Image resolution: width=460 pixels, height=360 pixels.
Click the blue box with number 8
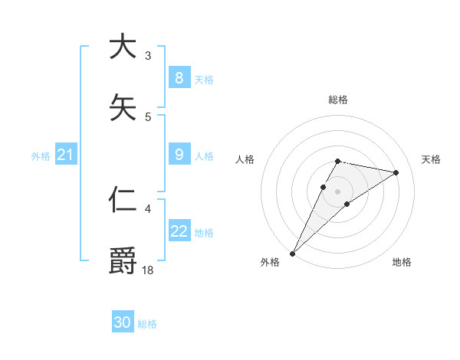coord(179,78)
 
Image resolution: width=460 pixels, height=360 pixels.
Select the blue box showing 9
coord(179,155)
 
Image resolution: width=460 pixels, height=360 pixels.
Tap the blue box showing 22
coord(179,231)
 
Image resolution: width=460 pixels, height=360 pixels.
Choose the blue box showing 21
coord(65,155)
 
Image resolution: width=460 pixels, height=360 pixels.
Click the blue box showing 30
coord(123,322)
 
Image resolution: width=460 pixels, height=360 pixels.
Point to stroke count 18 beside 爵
coord(148,269)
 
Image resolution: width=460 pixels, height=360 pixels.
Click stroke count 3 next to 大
coord(148,55)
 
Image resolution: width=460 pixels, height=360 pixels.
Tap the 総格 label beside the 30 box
coord(147,324)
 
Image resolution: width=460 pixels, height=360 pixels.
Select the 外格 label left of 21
coord(41,156)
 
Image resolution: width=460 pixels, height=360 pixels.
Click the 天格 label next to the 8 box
coord(203,79)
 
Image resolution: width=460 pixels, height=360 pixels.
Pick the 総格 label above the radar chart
coord(337,100)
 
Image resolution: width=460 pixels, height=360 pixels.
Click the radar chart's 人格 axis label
coord(245,159)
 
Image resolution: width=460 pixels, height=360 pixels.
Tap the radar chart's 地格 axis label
coord(402,262)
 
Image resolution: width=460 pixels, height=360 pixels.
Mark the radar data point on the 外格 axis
coord(293,253)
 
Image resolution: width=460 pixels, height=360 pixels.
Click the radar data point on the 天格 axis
coord(396,172)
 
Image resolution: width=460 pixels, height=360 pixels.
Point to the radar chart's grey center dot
coord(337,191)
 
